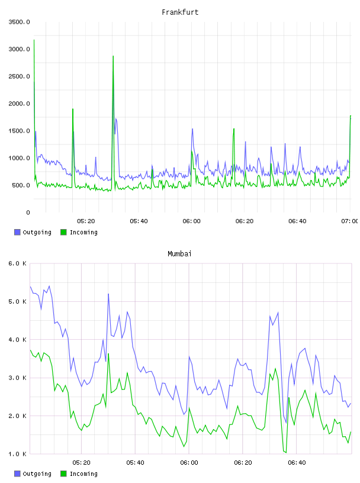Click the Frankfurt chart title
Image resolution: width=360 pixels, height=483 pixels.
tap(180, 12)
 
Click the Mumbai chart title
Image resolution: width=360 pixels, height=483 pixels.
tap(179, 253)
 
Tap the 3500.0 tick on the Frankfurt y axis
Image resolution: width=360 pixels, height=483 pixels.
tap(19, 22)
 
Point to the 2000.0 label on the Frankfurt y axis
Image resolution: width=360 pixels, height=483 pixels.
tap(19, 104)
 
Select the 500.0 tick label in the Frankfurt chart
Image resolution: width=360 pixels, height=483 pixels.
tap(21, 185)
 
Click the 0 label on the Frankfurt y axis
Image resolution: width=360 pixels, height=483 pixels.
tap(28, 212)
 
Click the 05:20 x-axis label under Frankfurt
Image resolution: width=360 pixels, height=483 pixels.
tap(86, 221)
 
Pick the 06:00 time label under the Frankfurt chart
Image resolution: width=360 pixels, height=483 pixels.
tap(191, 221)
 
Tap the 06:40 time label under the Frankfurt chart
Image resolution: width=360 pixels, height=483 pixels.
tap(297, 221)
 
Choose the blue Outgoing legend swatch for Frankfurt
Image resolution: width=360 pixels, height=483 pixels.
tap(17, 232)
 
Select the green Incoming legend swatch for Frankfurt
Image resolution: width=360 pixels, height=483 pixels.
tap(63, 232)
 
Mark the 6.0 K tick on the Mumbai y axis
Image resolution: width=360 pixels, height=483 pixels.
tap(18, 263)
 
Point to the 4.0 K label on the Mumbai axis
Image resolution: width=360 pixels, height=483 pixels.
tap(18, 339)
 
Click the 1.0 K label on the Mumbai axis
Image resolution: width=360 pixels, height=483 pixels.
tap(18, 454)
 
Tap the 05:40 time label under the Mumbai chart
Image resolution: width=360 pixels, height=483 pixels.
tap(135, 462)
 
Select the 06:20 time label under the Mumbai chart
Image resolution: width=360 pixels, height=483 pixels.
tap(243, 462)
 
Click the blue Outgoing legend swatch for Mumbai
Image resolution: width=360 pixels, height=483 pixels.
tap(17, 474)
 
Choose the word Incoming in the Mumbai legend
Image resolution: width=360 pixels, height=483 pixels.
tap(83, 474)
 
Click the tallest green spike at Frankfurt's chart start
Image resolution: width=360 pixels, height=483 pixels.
tap(34, 40)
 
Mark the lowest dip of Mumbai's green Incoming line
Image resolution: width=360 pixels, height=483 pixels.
tap(286, 452)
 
